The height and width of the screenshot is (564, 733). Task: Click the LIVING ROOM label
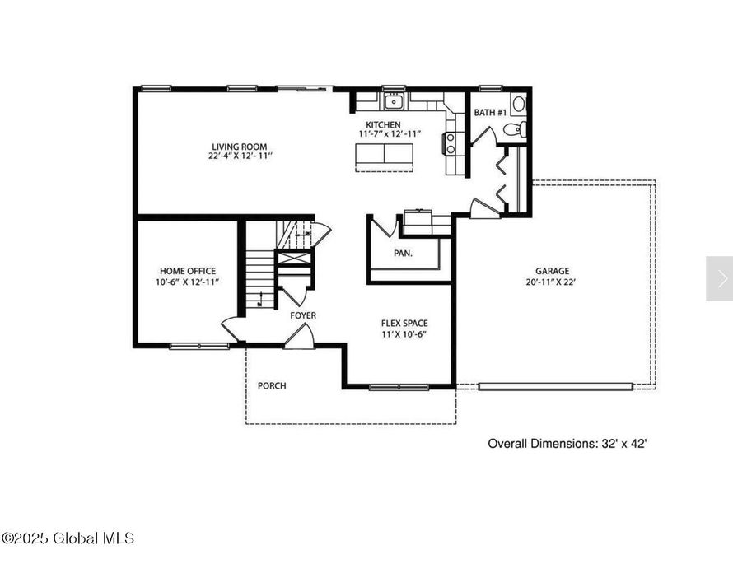pyautogui.click(x=240, y=147)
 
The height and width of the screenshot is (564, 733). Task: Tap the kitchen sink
pyautogui.click(x=394, y=101)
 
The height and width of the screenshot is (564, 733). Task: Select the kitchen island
pyautogui.click(x=385, y=155)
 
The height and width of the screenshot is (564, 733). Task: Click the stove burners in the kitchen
pyautogui.click(x=450, y=143)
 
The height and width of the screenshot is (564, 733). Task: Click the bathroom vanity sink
pyautogui.click(x=518, y=104)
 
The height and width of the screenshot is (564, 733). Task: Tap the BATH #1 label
pyautogui.click(x=490, y=113)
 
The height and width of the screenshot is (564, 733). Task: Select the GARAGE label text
pyautogui.click(x=552, y=271)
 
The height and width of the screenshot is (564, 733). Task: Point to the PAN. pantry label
pyautogui.click(x=403, y=254)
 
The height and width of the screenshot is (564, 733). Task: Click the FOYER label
pyautogui.click(x=303, y=315)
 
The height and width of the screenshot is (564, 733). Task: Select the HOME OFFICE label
pyautogui.click(x=188, y=271)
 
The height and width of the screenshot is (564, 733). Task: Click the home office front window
pyautogui.click(x=199, y=347)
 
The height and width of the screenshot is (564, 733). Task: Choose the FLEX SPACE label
pyautogui.click(x=404, y=324)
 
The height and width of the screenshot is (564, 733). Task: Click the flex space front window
pyautogui.click(x=399, y=387)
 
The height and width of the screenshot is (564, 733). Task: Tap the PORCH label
pyautogui.click(x=272, y=386)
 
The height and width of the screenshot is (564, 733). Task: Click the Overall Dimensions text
pyautogui.click(x=567, y=444)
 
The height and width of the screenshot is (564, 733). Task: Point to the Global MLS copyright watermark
pyautogui.click(x=68, y=538)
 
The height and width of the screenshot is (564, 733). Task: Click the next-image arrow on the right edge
pyautogui.click(x=721, y=278)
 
